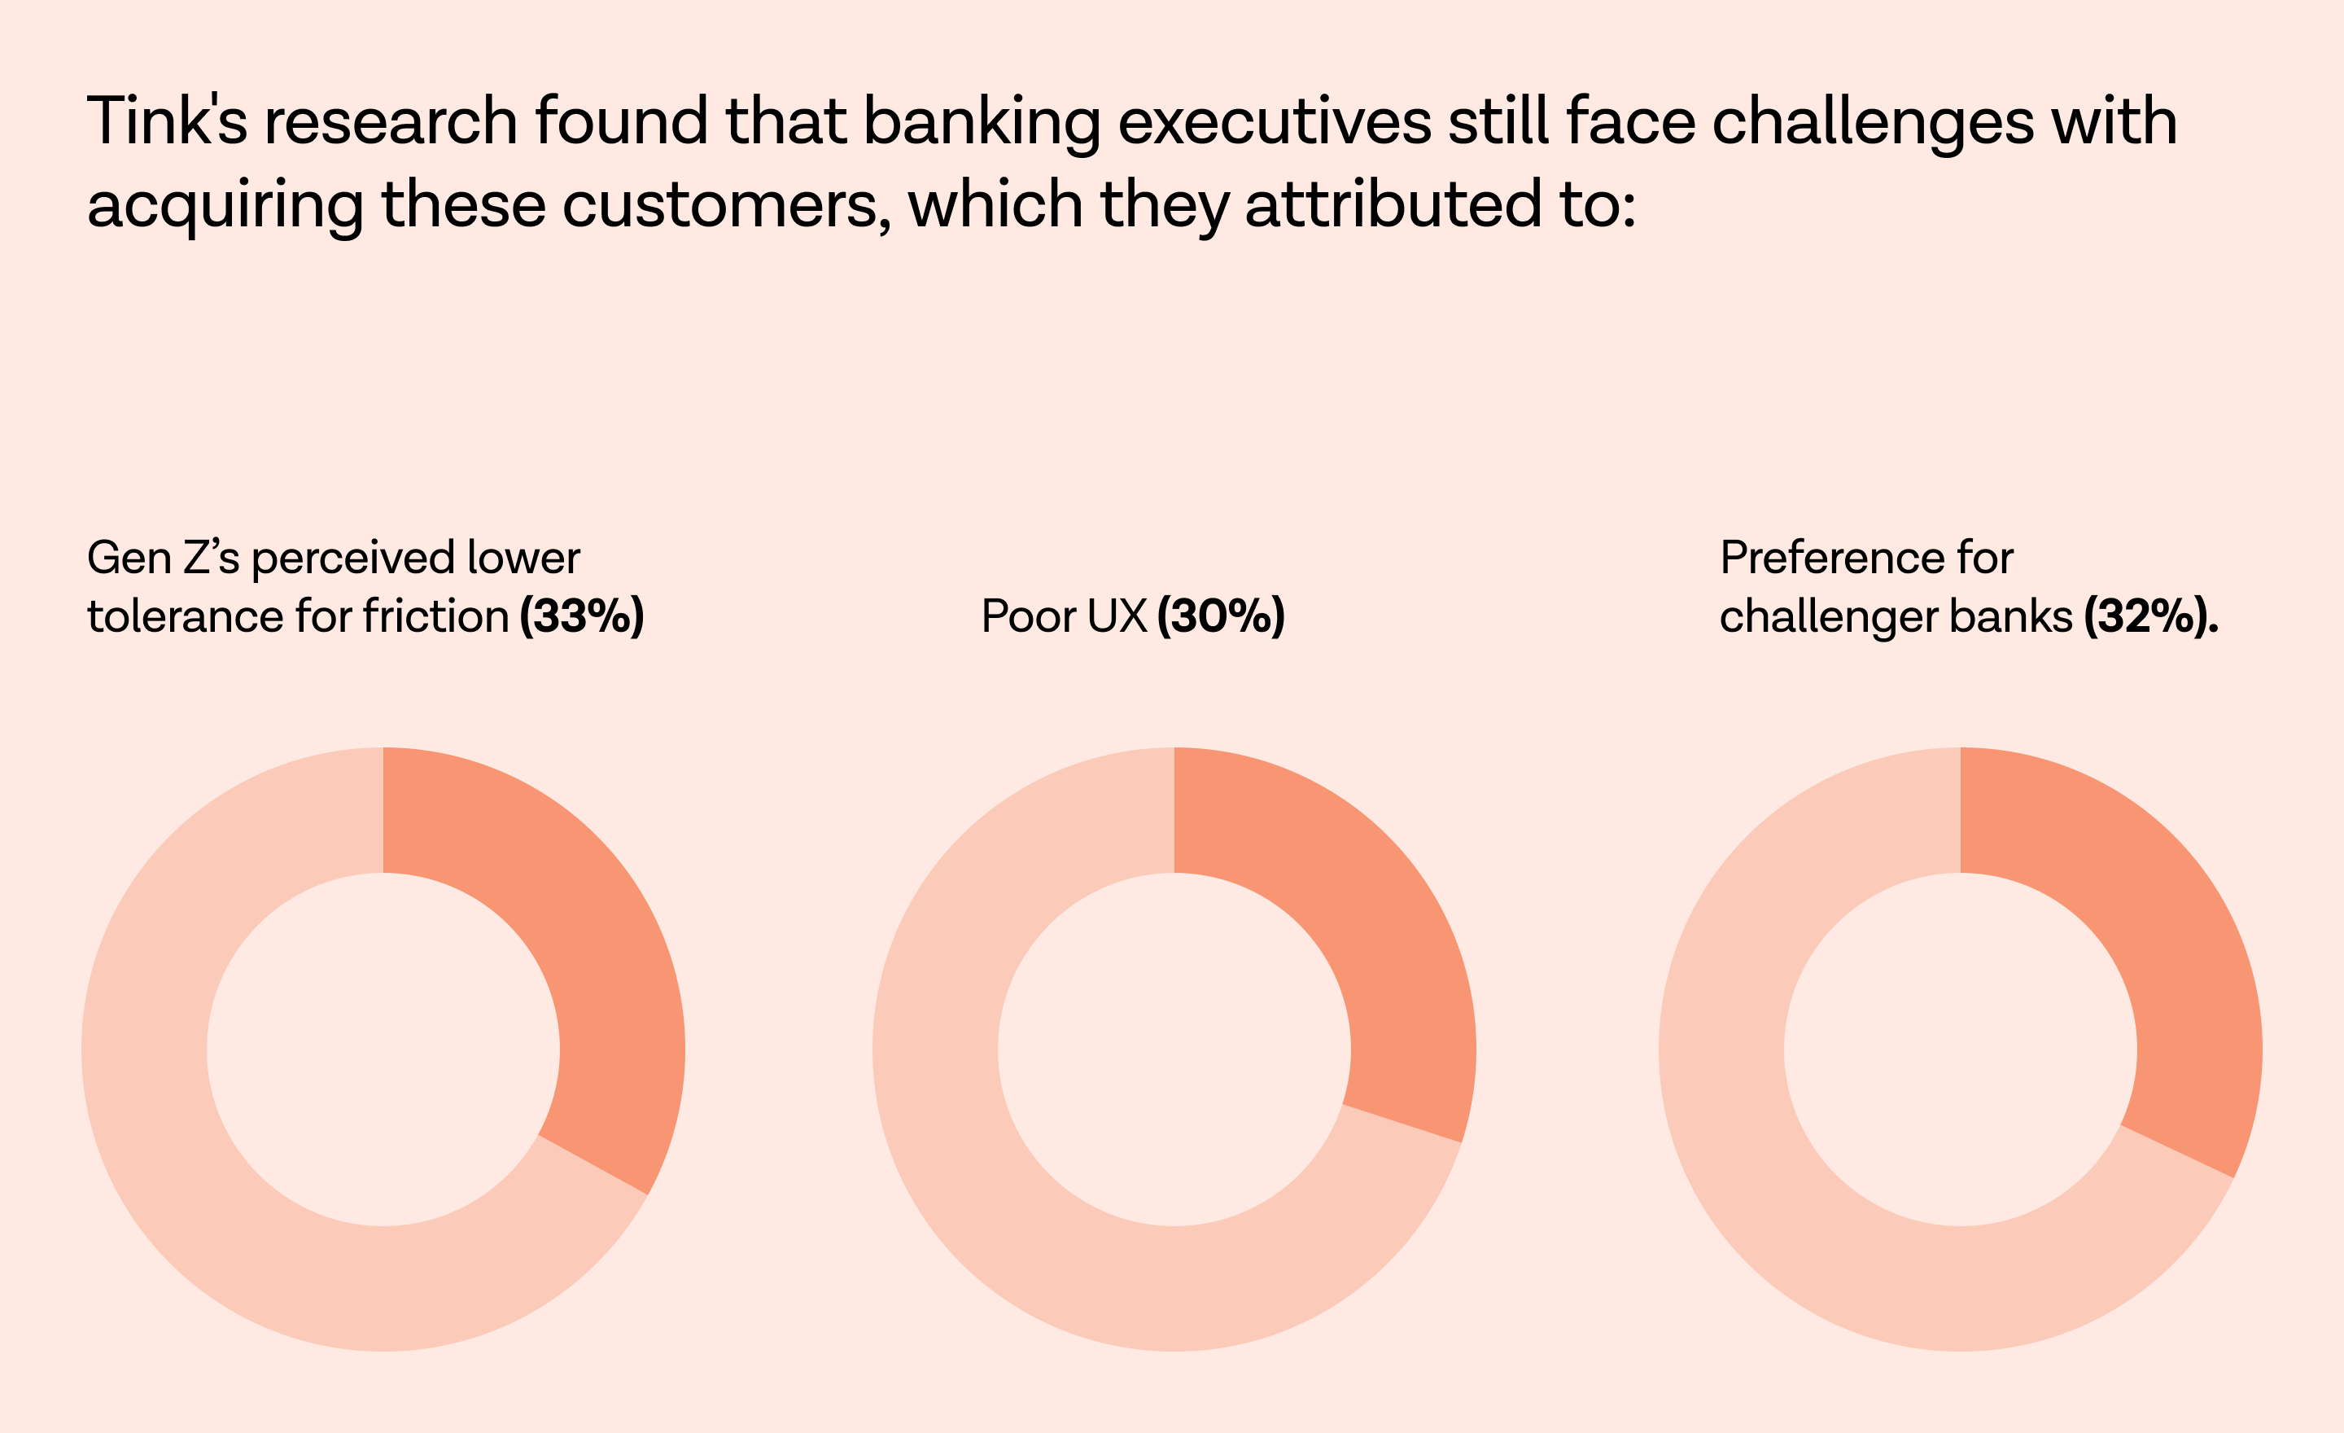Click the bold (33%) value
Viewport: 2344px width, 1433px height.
pos(581,616)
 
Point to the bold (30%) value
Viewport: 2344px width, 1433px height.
pos(1221,616)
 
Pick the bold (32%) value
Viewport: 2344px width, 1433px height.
pos(2150,616)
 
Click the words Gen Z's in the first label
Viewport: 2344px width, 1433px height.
pos(163,558)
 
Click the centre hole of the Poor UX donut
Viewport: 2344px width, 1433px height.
pos(1174,1049)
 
